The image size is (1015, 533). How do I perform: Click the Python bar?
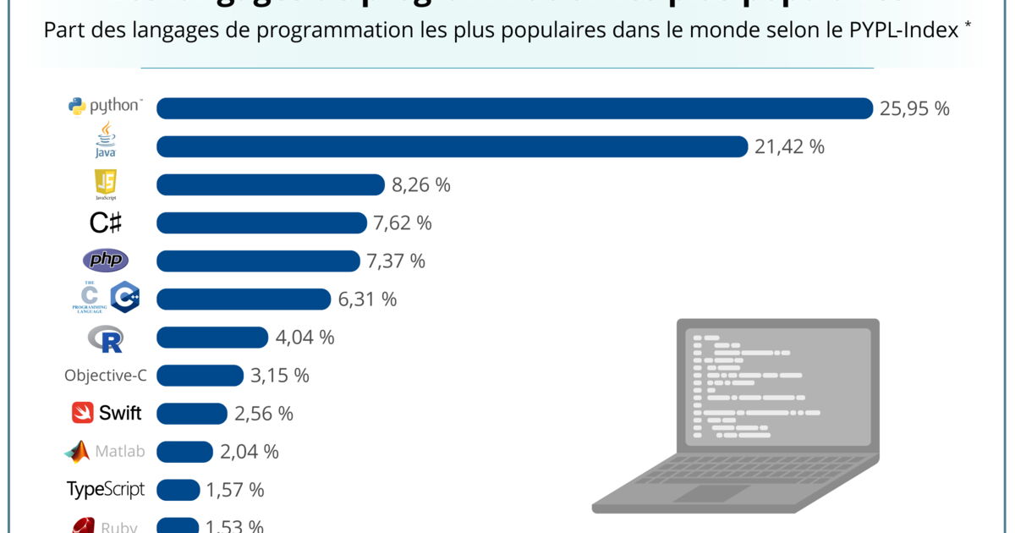click(514, 108)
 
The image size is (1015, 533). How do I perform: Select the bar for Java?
click(453, 146)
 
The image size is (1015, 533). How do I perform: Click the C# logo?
click(106, 223)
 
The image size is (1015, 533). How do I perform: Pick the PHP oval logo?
click(106, 261)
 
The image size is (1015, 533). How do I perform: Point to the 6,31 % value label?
click(366, 299)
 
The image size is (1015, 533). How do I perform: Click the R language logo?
click(106, 338)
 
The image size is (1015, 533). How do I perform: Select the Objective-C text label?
click(106, 376)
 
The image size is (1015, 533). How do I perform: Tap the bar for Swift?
click(192, 414)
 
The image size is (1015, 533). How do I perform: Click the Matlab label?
click(118, 452)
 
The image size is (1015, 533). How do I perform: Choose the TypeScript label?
click(106, 490)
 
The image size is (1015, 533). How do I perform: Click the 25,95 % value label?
click(914, 108)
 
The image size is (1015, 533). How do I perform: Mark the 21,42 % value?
click(789, 146)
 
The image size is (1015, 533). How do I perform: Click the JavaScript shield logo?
click(106, 184)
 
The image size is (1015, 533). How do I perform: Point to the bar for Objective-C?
click(200, 376)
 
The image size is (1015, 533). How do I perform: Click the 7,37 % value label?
click(395, 261)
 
